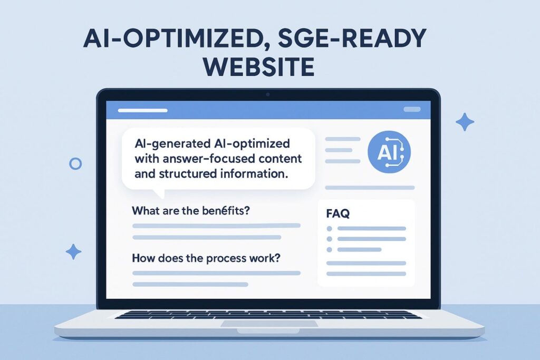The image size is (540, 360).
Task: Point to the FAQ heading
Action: tap(338, 214)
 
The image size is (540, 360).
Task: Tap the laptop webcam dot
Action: tap(268, 94)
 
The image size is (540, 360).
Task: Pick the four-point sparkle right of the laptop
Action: tap(465, 122)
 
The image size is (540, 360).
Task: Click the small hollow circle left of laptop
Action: tap(75, 164)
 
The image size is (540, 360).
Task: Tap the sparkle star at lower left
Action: tap(74, 251)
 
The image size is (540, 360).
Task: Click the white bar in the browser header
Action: tap(142, 110)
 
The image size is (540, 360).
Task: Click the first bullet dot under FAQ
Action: tap(330, 229)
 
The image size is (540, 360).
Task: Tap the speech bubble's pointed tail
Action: tap(158, 192)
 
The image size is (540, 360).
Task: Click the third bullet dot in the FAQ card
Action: tap(330, 249)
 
